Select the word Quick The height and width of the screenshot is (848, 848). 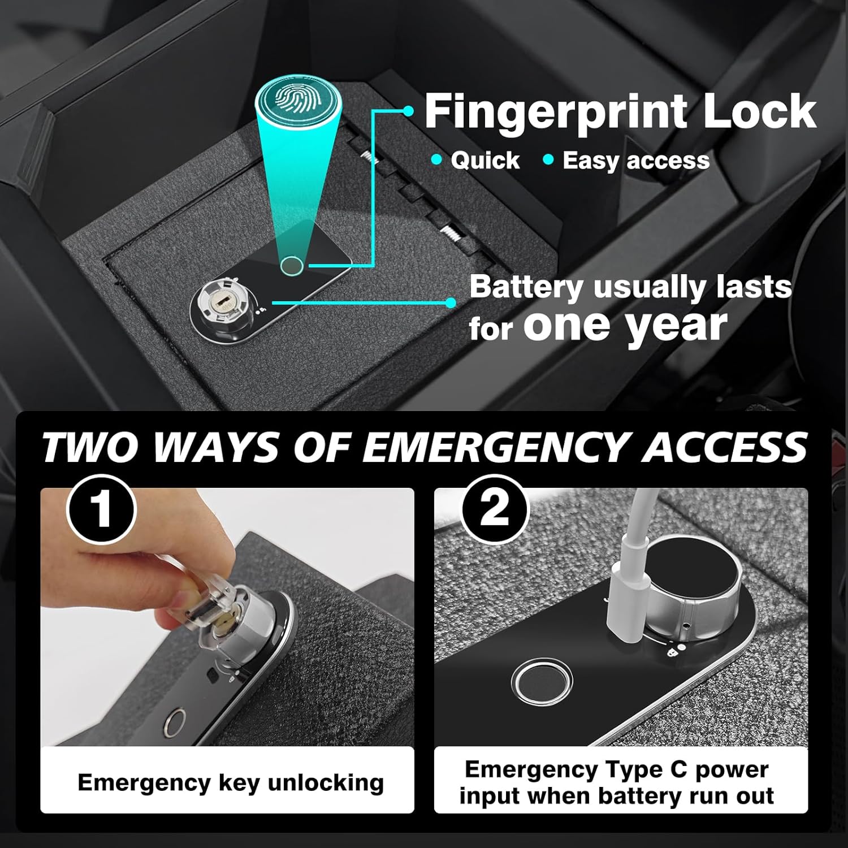pyautogui.click(x=484, y=161)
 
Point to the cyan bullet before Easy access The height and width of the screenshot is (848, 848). pyautogui.click(x=547, y=160)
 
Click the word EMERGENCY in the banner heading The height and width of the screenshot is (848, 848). pyautogui.click(x=497, y=448)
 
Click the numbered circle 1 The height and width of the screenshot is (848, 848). pyautogui.click(x=102, y=509)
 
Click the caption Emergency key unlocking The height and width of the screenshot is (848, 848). pyautogui.click(x=231, y=783)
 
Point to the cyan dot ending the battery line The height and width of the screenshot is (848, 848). pyautogui.click(x=451, y=302)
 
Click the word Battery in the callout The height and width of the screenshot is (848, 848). pyautogui.click(x=526, y=287)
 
